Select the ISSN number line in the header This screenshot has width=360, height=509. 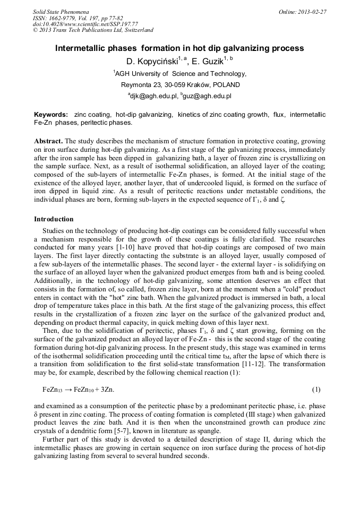coord(76,18)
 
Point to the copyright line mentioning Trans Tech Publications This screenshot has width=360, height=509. coord(93,30)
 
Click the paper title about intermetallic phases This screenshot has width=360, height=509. coord(179,48)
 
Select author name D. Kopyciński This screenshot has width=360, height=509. coord(154,61)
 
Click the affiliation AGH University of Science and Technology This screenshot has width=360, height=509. coord(181,74)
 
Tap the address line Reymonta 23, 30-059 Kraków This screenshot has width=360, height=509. coord(180,85)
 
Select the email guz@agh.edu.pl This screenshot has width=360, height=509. coord(206,96)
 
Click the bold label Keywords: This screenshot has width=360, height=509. coord(51,115)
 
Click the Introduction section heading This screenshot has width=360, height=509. coord(54,219)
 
